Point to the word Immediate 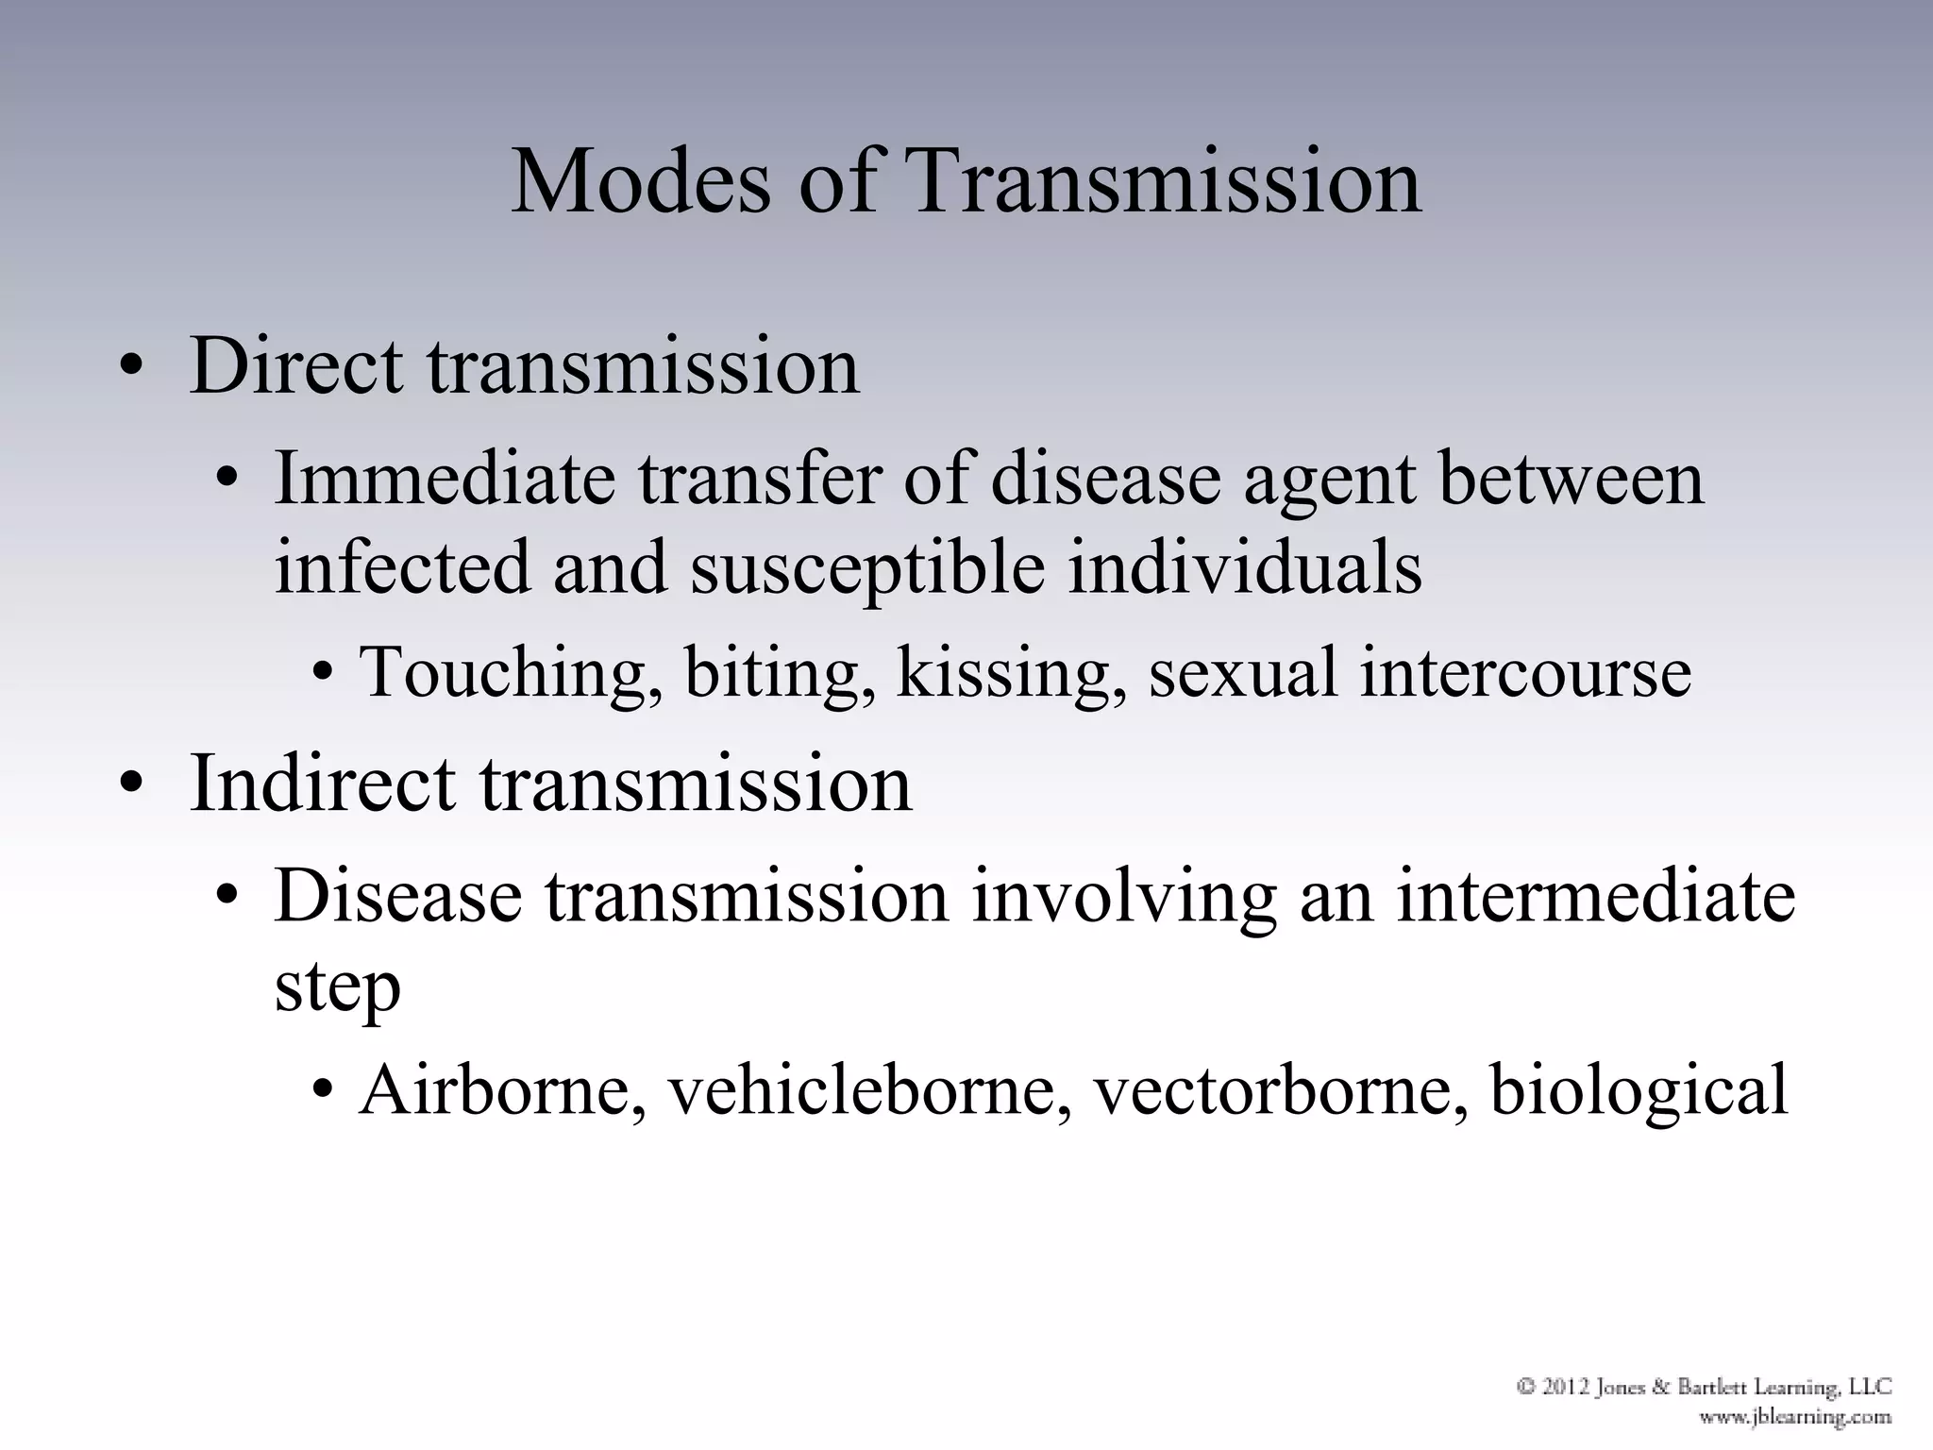pos(445,479)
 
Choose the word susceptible pos(866,568)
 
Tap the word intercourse pos(1524,672)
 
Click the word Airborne pos(501,1090)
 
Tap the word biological pos(1639,1090)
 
